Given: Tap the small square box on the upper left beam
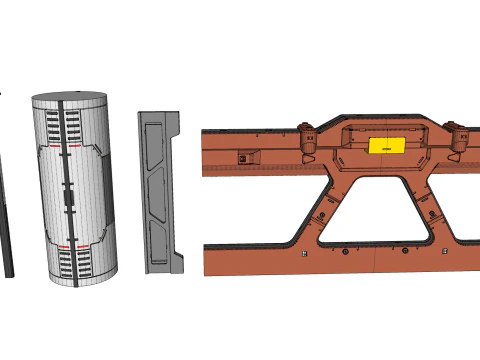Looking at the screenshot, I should (x=243, y=156).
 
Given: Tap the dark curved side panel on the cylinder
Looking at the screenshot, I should (x=104, y=190).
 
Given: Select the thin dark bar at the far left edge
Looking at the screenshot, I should (x=6, y=220).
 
